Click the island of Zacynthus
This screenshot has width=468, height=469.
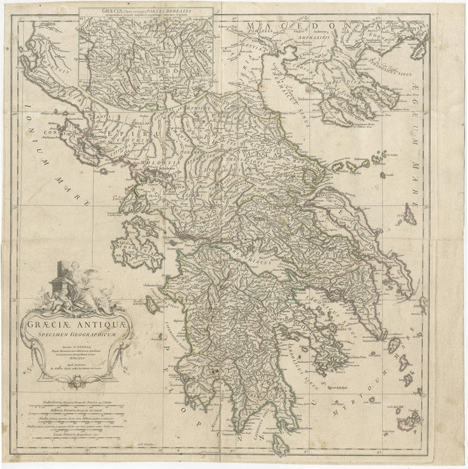pyautogui.click(x=152, y=304)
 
